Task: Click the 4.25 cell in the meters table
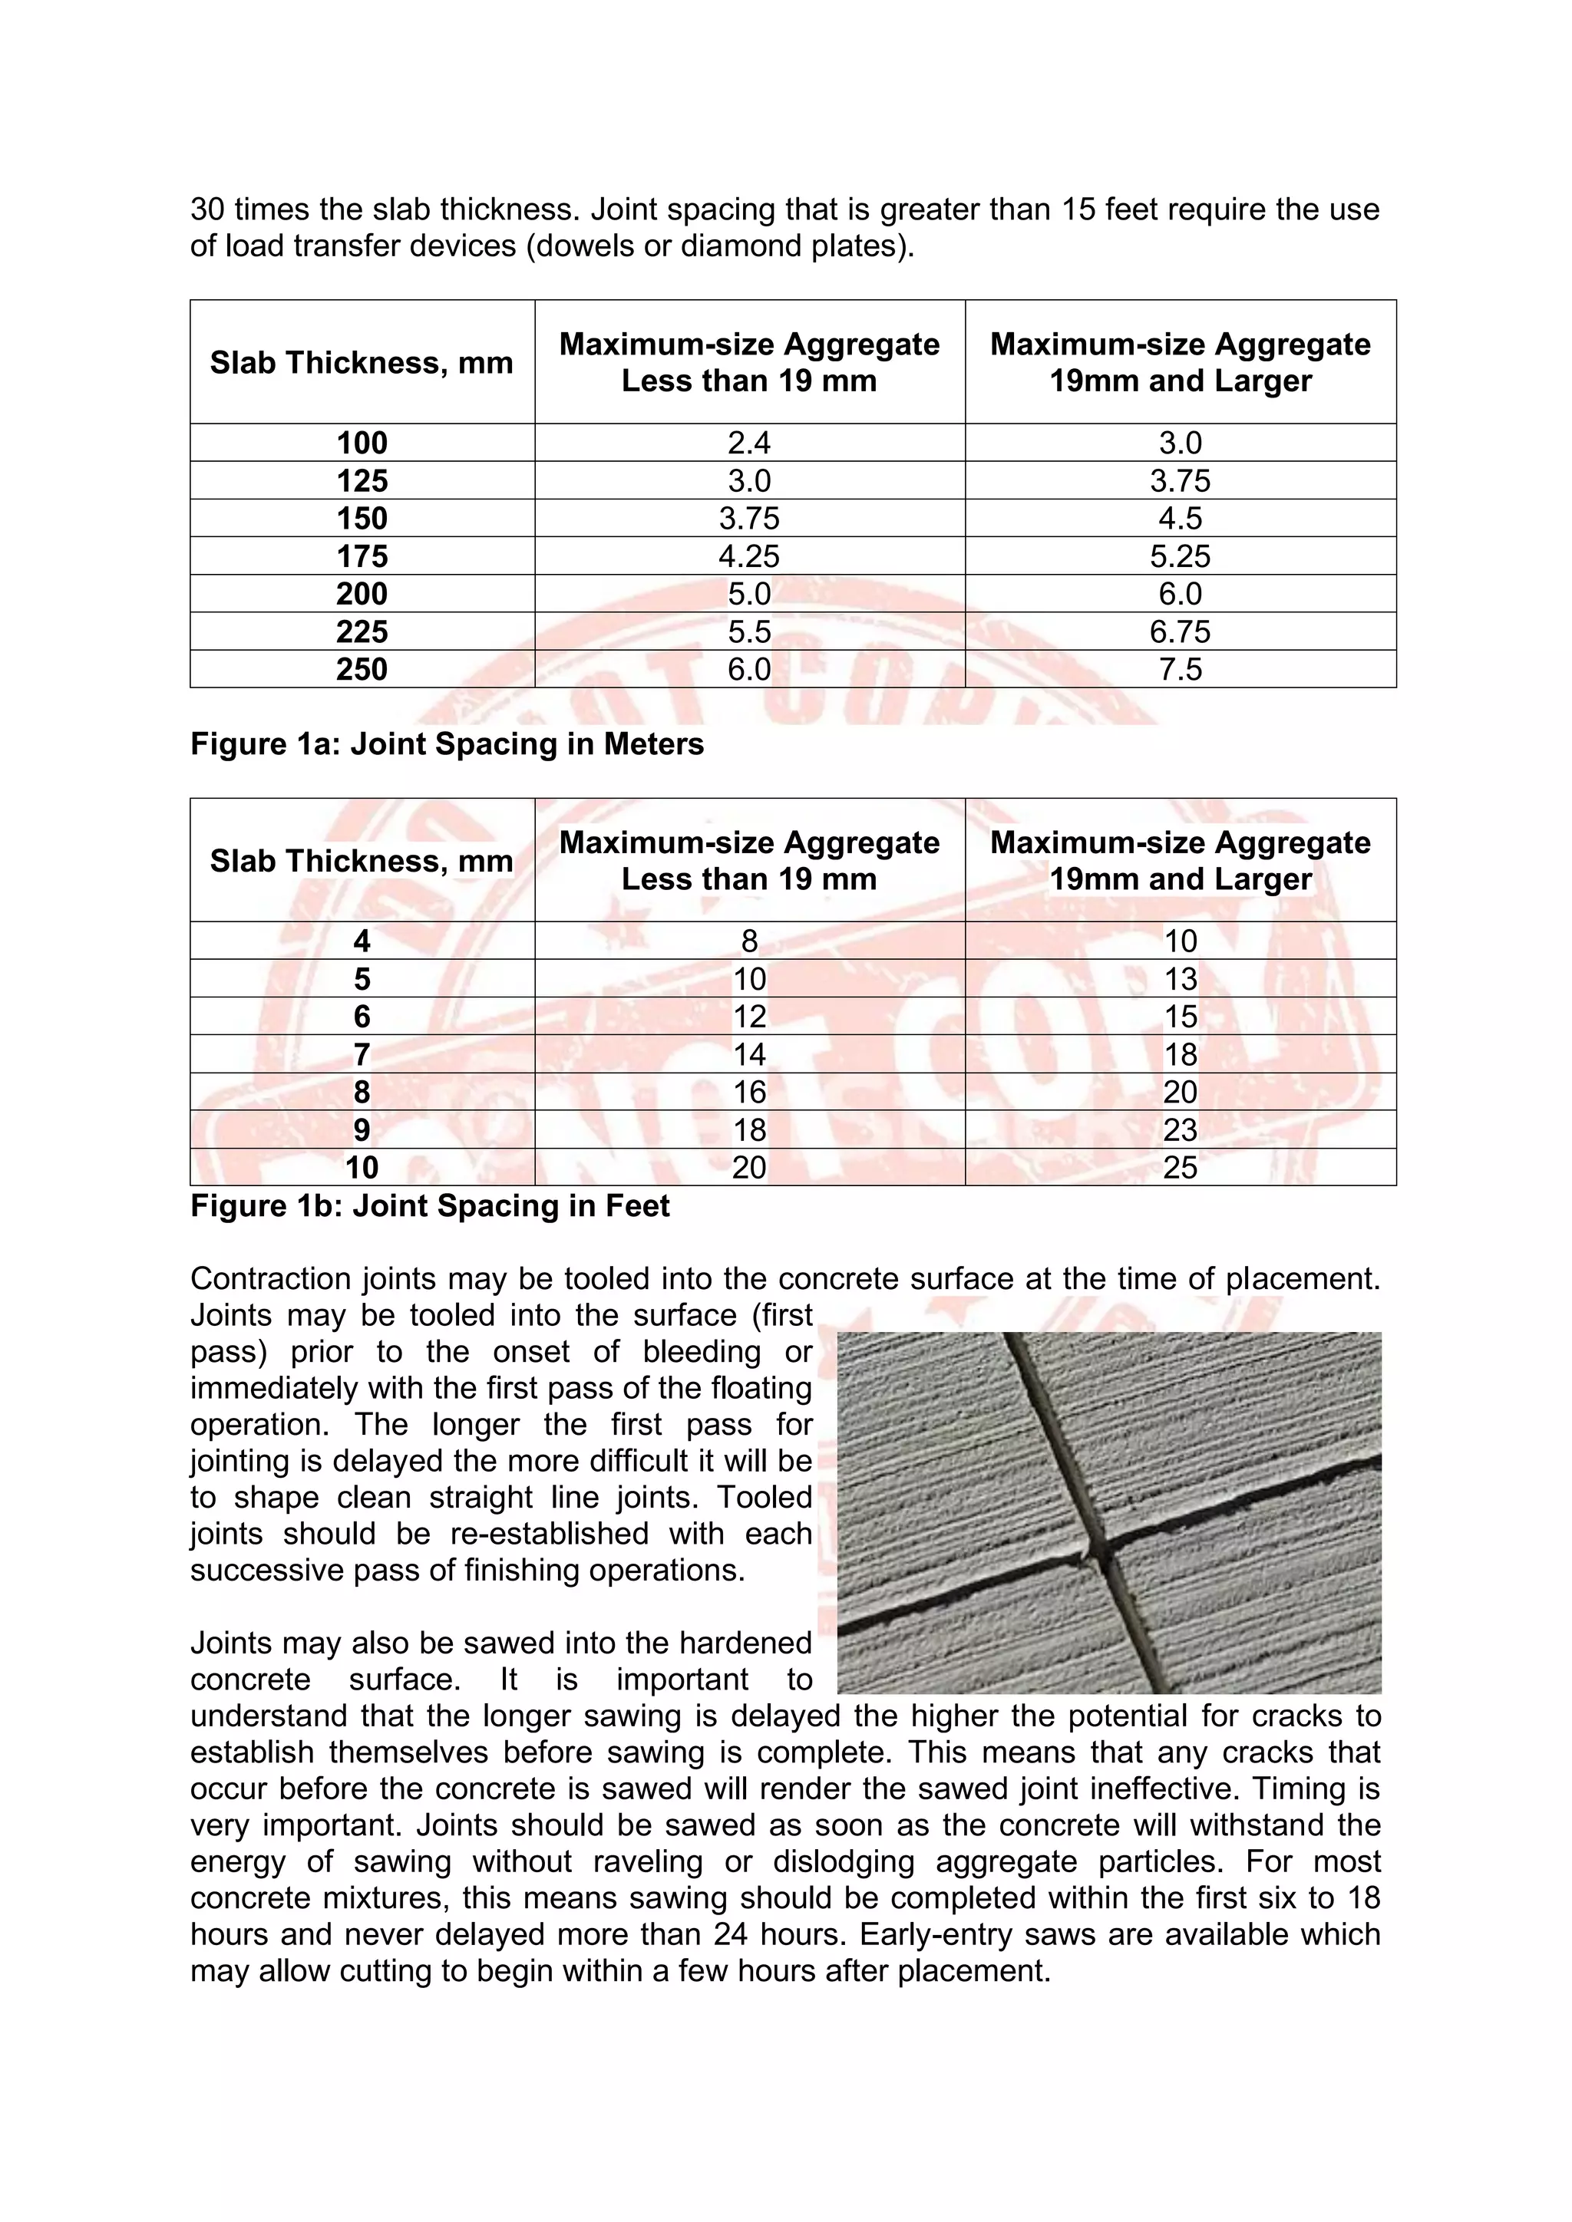tap(748, 556)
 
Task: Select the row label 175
tap(362, 556)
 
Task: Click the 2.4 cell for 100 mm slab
tap(748, 443)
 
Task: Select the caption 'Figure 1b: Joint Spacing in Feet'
tap(430, 1206)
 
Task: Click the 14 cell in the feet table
tap(748, 1055)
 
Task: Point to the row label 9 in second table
tap(362, 1130)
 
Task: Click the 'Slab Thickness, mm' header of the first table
tap(362, 363)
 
